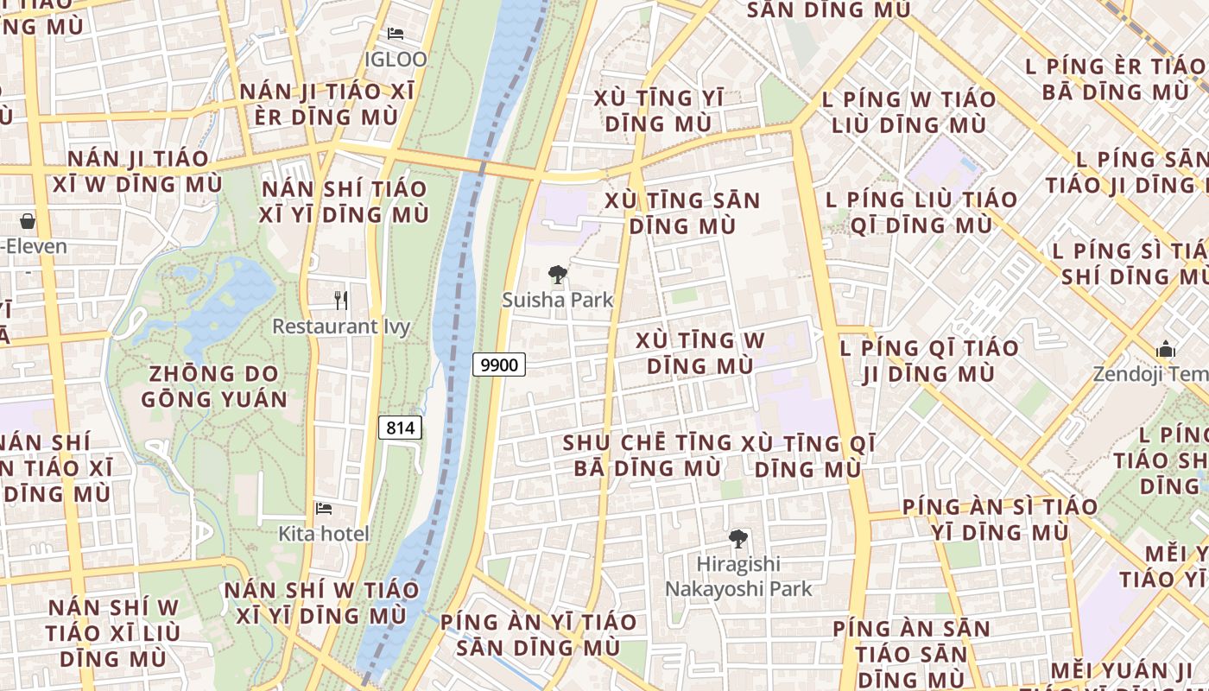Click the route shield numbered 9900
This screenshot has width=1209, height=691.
499,365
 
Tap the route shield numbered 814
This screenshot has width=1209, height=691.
400,428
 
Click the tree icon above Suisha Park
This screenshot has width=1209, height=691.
558,276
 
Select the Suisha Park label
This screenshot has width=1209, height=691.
558,300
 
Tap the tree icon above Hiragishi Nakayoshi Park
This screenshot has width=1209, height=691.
738,539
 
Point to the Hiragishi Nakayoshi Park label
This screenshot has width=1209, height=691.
738,576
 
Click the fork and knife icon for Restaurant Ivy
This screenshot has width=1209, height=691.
341,301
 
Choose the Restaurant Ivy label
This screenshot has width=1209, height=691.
341,326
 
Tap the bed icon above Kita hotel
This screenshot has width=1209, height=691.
324,509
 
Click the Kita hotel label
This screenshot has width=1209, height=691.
324,534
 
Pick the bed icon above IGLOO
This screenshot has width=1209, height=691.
396,34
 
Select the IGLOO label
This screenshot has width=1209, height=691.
396,59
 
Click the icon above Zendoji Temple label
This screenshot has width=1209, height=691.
1166,350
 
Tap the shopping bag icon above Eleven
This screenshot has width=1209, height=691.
28,221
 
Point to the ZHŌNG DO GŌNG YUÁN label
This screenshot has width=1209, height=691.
214,386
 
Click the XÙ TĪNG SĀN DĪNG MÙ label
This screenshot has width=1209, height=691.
682,213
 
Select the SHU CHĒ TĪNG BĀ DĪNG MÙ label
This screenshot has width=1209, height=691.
648,455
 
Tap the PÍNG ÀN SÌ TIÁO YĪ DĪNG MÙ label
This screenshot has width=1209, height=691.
1000,519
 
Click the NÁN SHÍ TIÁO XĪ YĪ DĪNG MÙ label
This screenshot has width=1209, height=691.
345,201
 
